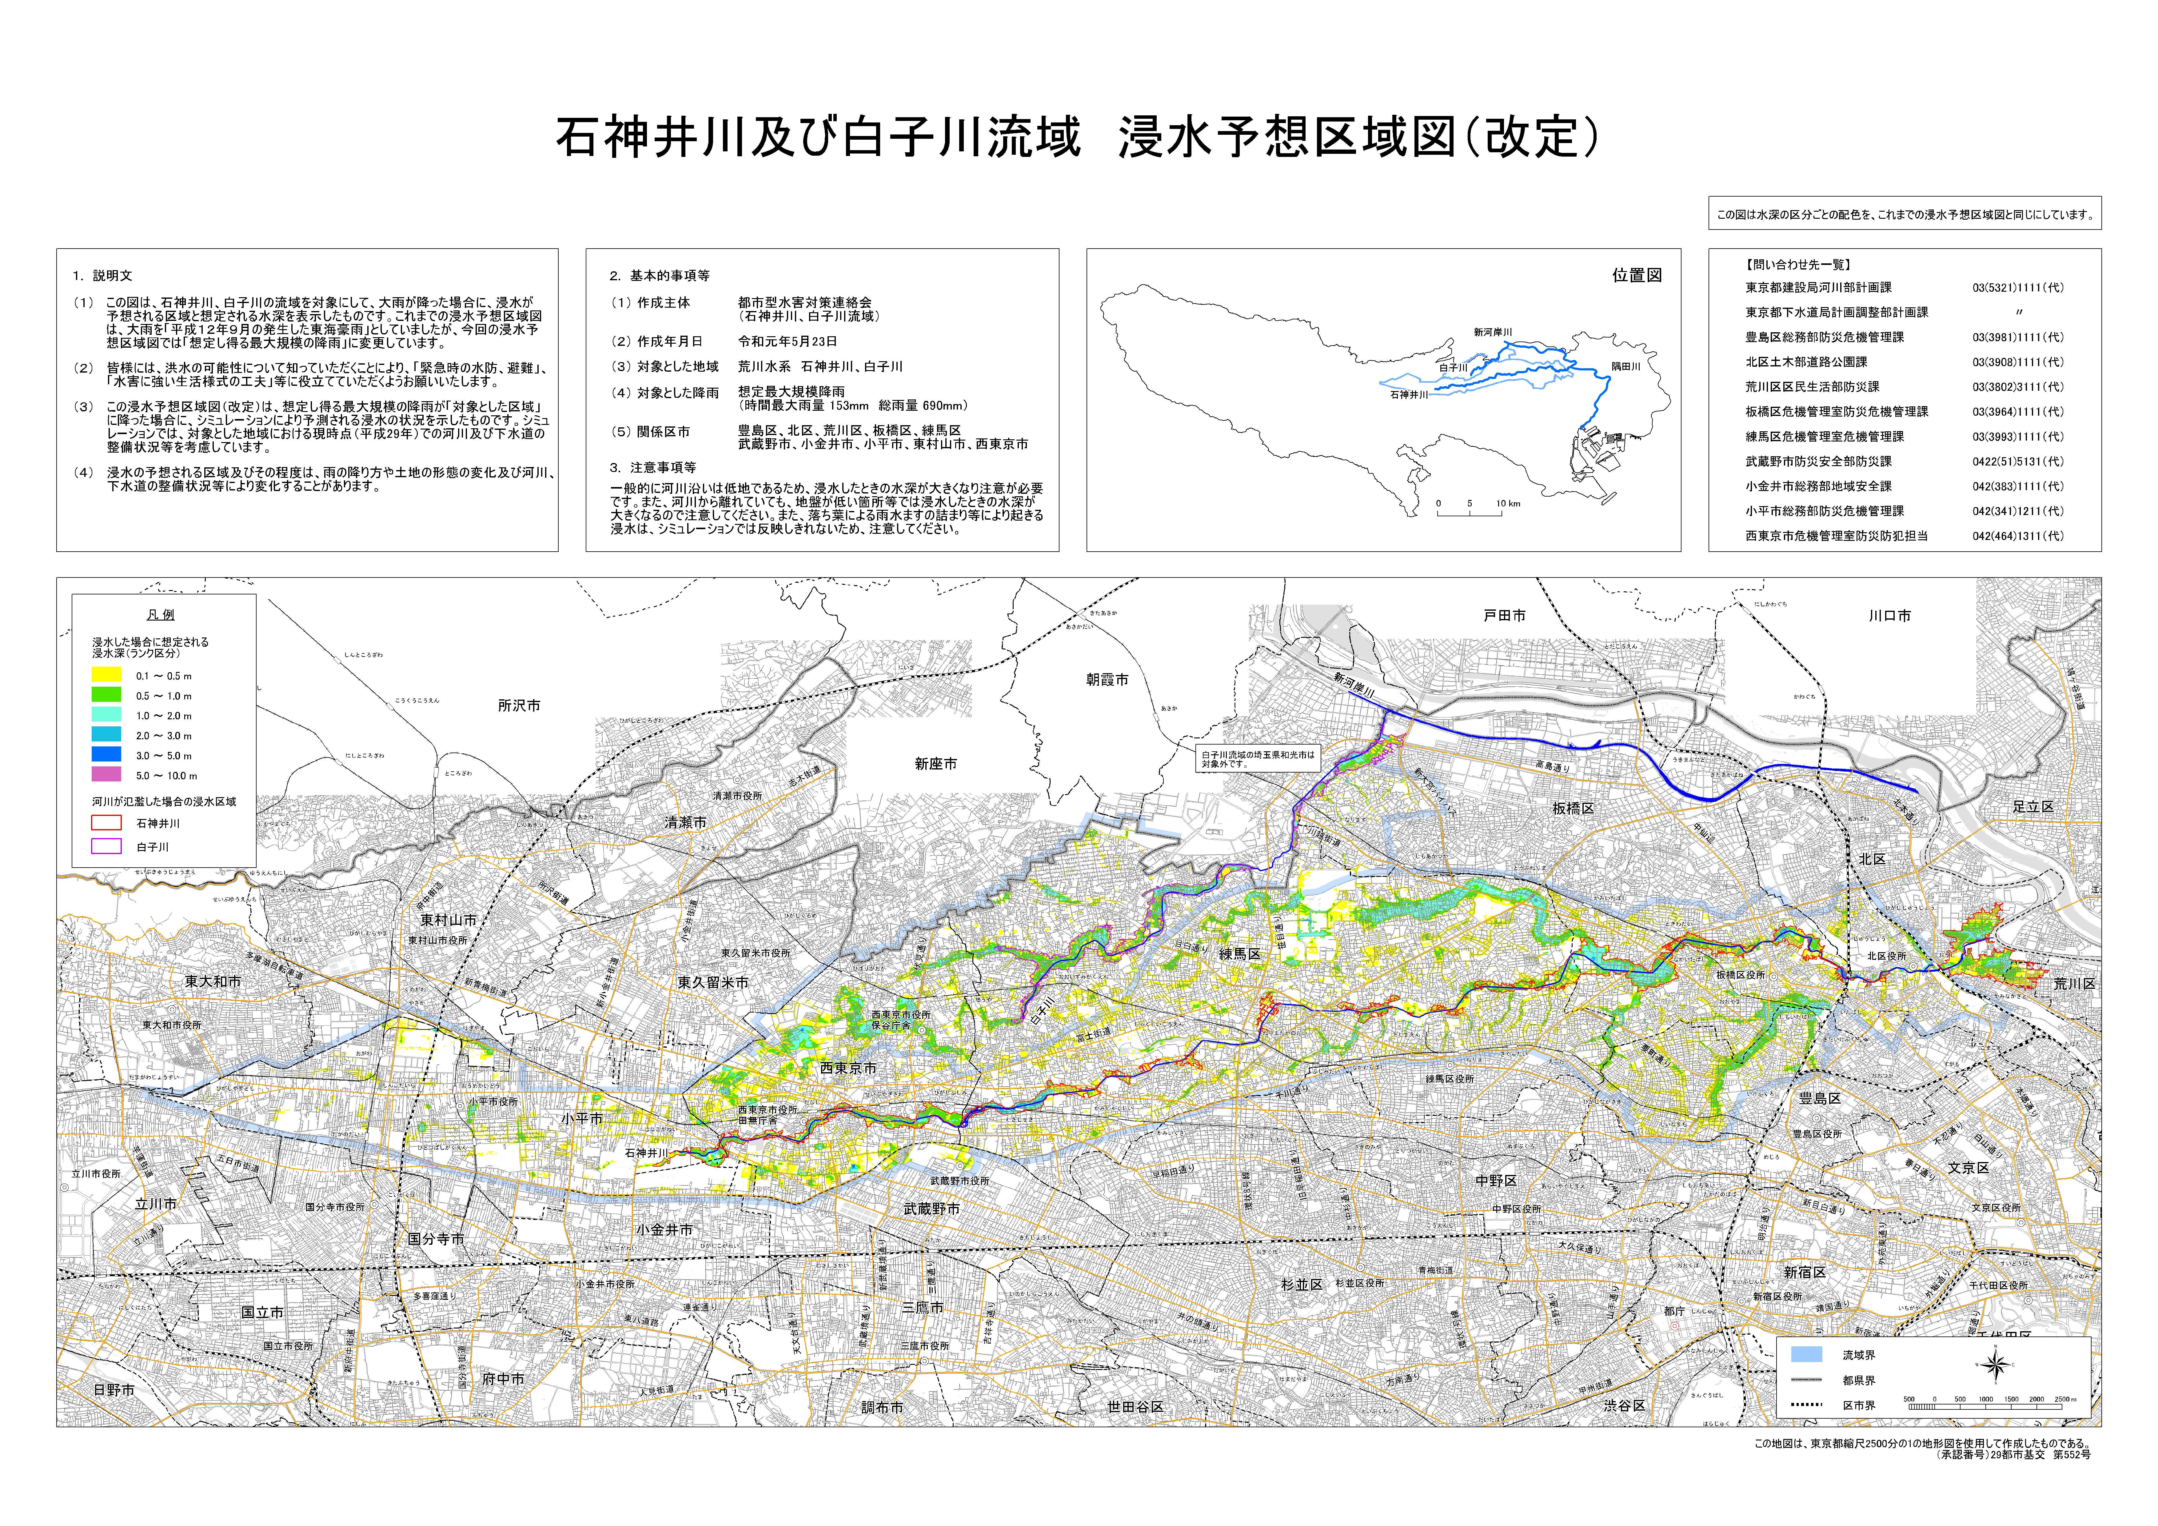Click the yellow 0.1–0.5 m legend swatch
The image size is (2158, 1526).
[106, 674]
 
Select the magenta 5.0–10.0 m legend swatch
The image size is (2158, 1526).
[106, 775]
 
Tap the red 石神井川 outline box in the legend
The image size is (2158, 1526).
[106, 823]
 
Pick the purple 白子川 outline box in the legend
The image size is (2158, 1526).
[106, 846]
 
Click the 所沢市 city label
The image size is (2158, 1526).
[519, 705]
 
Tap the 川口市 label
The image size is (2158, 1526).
[1889, 616]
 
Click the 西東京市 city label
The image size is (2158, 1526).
[848, 1068]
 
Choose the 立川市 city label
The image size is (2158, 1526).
[156, 1204]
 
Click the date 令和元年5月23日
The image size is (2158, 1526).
[787, 341]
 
